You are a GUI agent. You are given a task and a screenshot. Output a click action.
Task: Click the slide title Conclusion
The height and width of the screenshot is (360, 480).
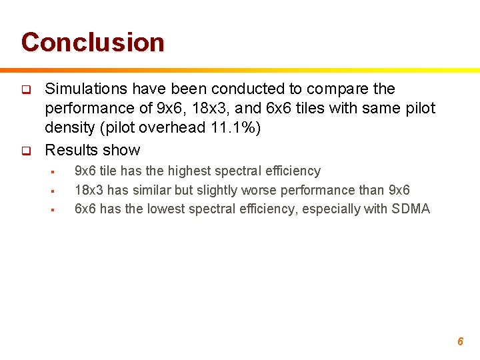click(x=93, y=42)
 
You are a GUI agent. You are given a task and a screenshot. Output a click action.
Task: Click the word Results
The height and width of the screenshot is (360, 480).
click(x=69, y=150)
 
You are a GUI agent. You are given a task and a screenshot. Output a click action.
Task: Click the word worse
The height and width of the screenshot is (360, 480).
click(x=264, y=190)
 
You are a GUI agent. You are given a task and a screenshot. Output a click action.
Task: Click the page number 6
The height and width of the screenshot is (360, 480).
click(x=460, y=341)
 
